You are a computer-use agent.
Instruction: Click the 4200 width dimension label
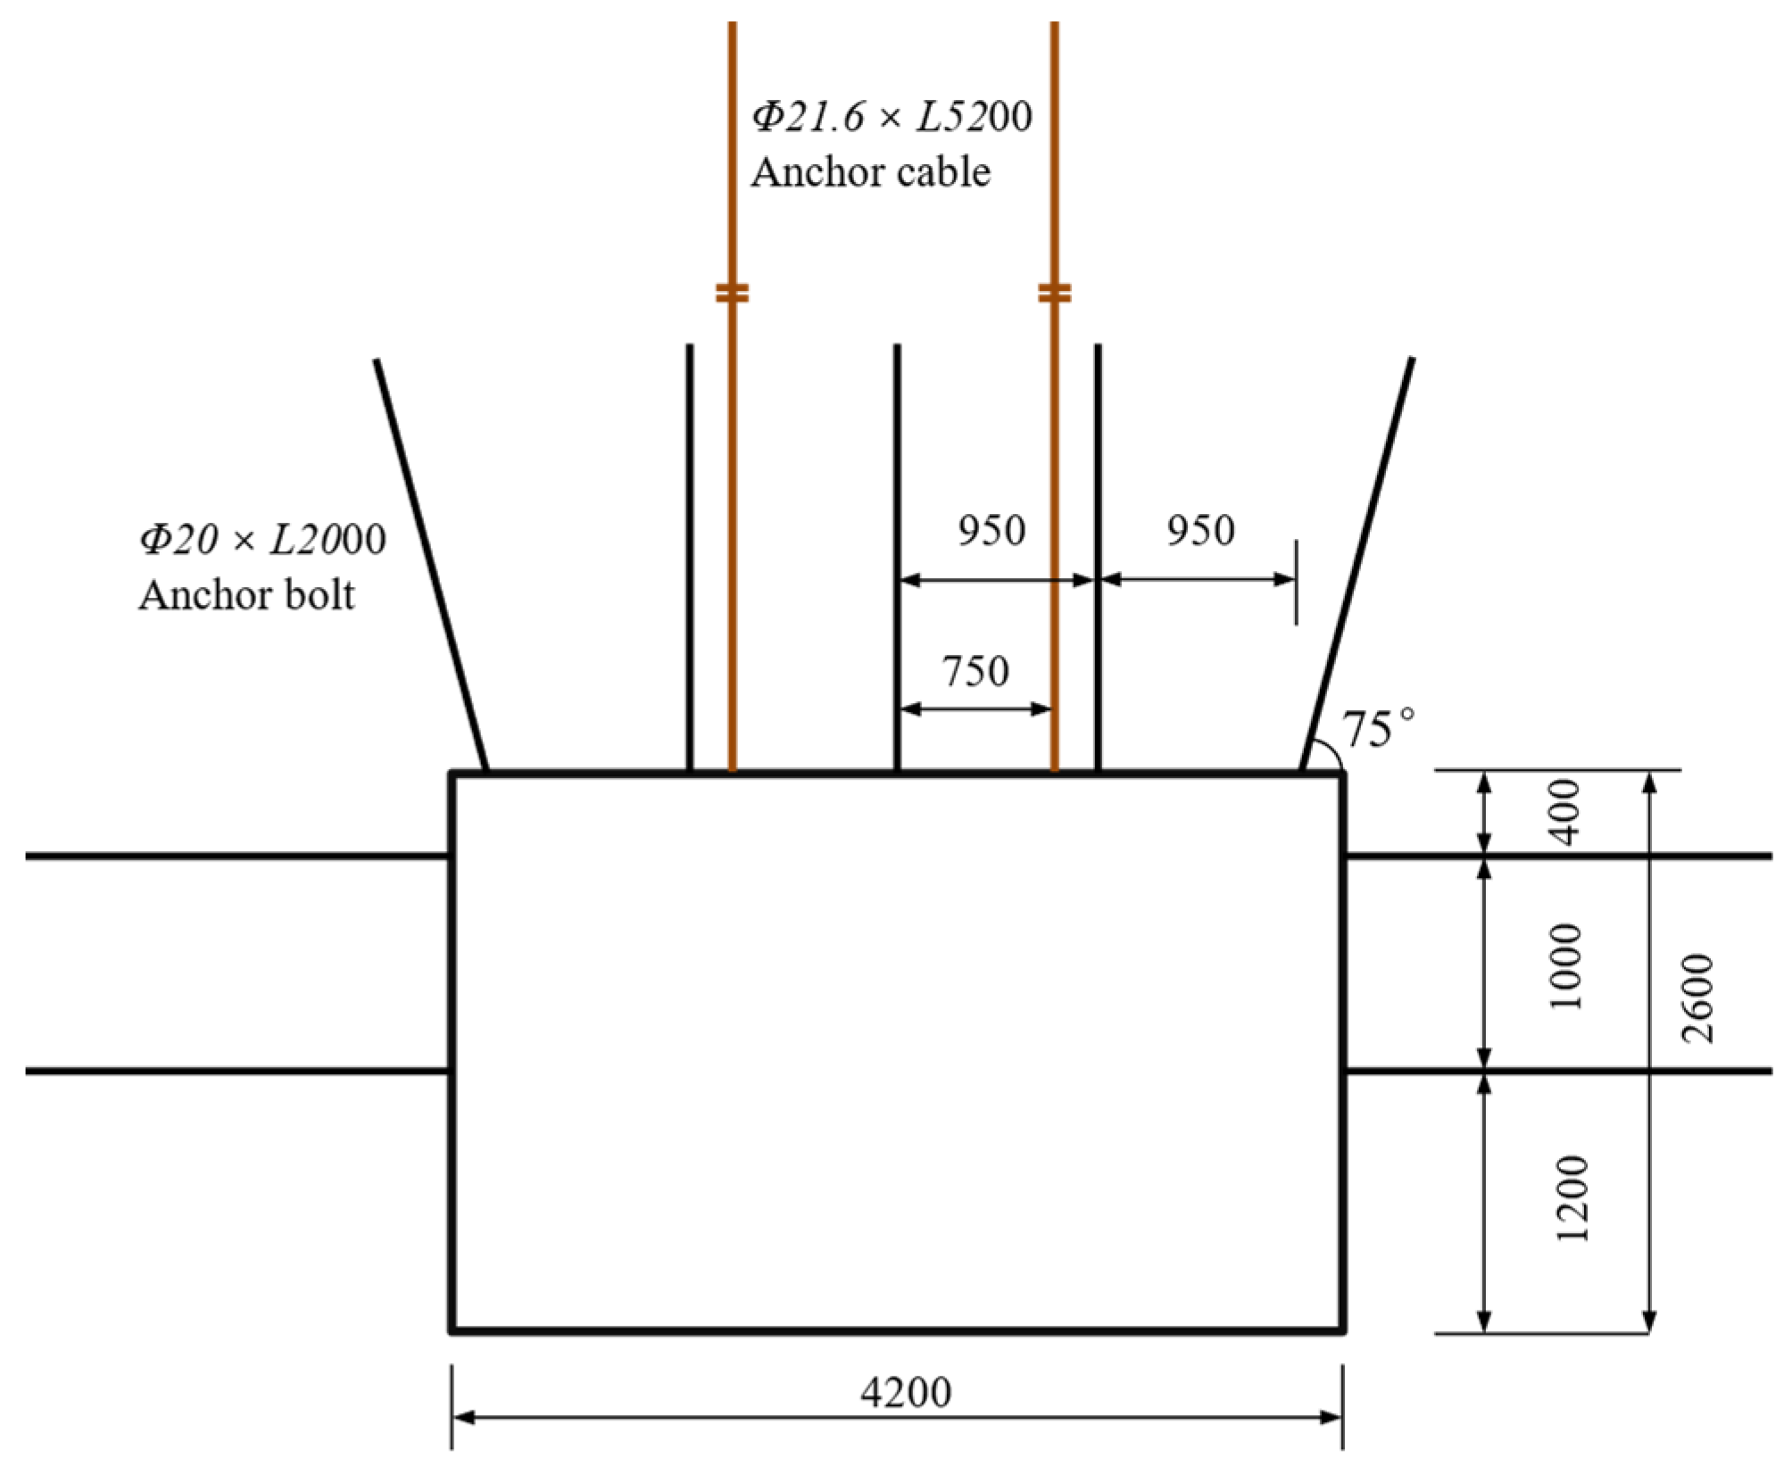(x=905, y=1392)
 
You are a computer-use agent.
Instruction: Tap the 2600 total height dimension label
(x=1697, y=998)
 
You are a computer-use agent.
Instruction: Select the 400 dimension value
(x=1566, y=812)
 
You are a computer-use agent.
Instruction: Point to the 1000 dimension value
(x=1566, y=966)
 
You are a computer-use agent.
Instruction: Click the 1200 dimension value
(x=1572, y=1199)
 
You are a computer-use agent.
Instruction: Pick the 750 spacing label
(x=975, y=671)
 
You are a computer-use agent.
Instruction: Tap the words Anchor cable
(x=870, y=172)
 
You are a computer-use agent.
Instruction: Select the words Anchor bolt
(x=246, y=595)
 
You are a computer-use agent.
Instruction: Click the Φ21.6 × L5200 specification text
(x=891, y=117)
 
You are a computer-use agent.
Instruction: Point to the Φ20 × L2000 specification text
(x=261, y=540)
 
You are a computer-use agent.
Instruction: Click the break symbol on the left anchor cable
(x=732, y=293)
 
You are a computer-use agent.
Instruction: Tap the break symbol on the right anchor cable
(x=1054, y=293)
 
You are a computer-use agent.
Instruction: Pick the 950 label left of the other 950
(x=991, y=531)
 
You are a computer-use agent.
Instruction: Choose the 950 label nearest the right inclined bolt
(x=1200, y=531)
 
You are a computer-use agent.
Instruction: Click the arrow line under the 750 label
(x=975, y=709)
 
